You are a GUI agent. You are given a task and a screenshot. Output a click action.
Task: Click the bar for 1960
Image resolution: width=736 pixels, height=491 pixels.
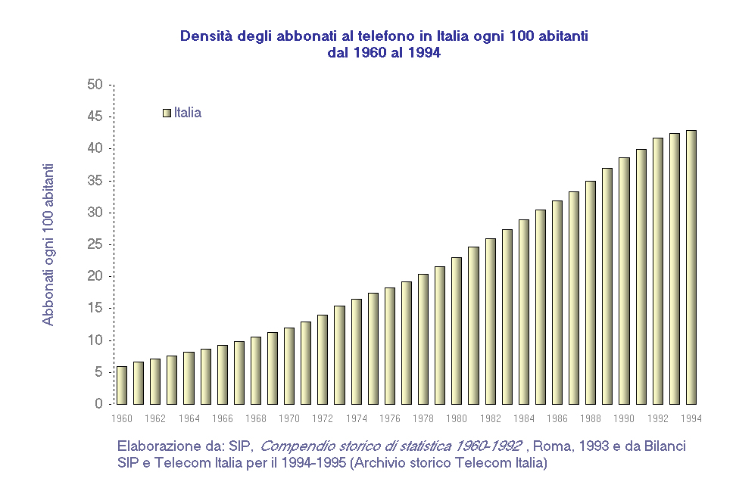(x=121, y=385)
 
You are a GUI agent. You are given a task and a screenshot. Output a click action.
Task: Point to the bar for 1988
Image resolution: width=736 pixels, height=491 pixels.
(x=591, y=292)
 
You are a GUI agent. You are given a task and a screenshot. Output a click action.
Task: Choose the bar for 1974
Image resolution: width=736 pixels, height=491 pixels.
(x=356, y=351)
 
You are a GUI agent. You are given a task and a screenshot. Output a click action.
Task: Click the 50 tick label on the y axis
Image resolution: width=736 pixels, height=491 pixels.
(x=95, y=84)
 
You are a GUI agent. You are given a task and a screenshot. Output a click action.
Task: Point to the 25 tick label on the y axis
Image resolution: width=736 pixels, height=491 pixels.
(x=95, y=244)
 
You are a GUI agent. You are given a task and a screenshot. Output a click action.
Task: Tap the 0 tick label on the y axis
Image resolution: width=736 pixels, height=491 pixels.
(x=98, y=404)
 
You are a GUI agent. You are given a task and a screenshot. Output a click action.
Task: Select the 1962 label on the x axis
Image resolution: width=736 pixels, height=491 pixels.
(x=155, y=418)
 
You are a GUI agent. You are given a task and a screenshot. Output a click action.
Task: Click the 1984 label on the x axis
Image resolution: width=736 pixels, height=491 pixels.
(x=524, y=418)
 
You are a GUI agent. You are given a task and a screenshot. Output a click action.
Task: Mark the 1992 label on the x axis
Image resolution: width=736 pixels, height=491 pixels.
(x=658, y=418)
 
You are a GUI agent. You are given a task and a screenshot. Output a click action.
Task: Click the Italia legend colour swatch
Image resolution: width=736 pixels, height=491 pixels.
(x=167, y=113)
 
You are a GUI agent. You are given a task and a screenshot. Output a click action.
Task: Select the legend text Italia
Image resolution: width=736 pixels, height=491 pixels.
(x=188, y=113)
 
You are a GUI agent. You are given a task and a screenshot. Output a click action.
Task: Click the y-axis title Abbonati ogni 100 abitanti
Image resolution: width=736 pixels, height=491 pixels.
(x=48, y=244)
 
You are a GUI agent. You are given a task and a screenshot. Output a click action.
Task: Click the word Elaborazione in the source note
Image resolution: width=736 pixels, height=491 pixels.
(x=156, y=446)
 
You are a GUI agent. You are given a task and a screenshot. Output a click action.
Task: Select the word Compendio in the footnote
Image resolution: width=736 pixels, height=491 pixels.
(x=296, y=446)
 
